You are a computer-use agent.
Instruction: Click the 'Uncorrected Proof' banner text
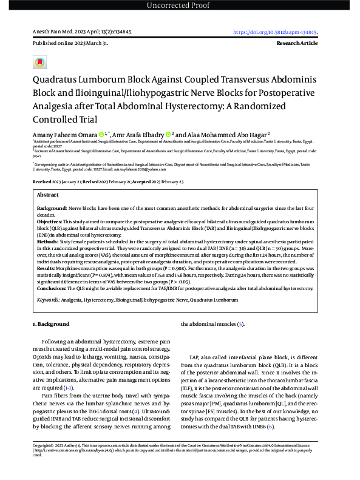(x=180, y=6)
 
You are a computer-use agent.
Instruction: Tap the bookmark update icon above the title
(x=39, y=63)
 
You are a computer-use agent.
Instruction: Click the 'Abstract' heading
(x=48, y=195)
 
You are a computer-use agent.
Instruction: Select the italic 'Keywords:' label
(x=48, y=300)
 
